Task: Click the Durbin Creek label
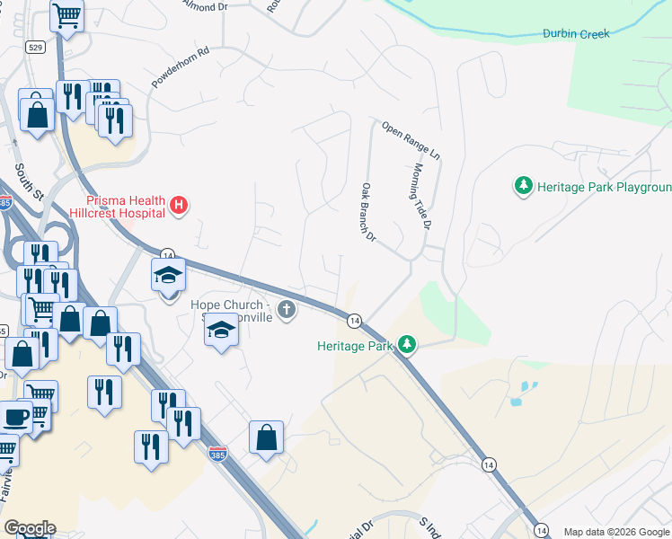coord(576,34)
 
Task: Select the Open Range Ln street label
coord(411,141)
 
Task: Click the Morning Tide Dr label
coord(422,197)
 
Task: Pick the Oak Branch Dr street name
coord(367,211)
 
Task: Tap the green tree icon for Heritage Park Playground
coord(523,186)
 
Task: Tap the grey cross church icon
coord(287,311)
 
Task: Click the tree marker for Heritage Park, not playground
coord(407,344)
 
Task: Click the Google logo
coord(30,528)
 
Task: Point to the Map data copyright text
coord(616,532)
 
